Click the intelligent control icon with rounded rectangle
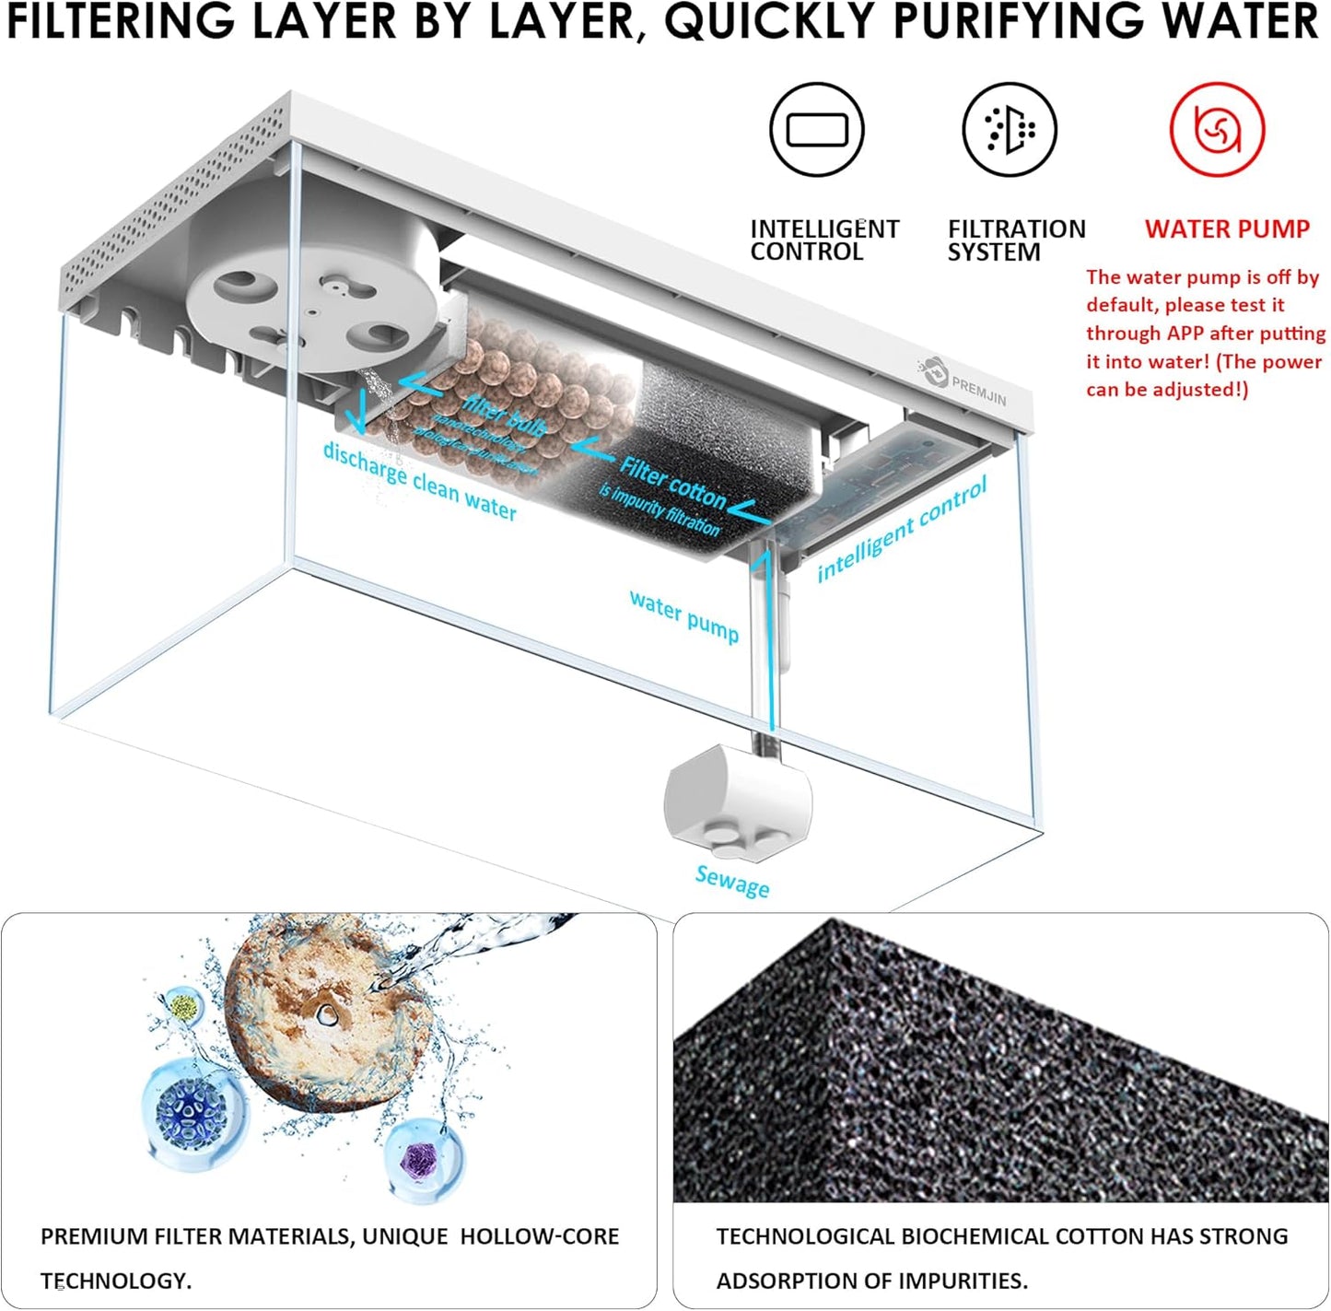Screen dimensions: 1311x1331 point(816,129)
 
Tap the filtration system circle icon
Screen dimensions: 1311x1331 point(1010,129)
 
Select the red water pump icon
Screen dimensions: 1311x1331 point(1217,129)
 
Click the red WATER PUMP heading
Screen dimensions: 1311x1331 point(1227,229)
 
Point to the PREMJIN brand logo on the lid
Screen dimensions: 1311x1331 point(963,385)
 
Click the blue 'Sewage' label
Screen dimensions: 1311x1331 point(732,881)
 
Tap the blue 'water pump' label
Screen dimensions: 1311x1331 point(684,615)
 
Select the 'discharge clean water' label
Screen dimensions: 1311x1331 point(419,480)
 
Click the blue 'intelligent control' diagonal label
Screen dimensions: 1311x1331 point(902,530)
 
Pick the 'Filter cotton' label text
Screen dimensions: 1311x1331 point(672,482)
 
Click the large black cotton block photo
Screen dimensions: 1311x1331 point(1000,1059)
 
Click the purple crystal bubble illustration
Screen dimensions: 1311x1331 point(424,1157)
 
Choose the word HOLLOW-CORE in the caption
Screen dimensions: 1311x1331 point(539,1236)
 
